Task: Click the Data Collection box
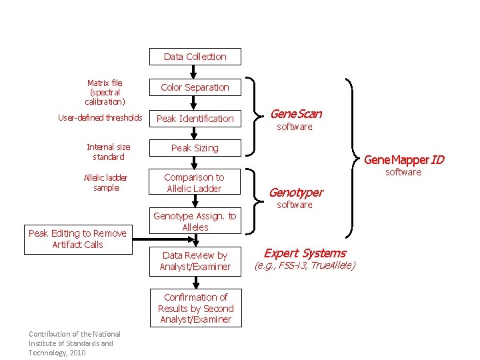[195, 57]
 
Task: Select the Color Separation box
[195, 87]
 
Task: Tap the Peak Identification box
[195, 119]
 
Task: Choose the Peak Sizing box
[195, 148]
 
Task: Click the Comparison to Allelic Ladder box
[195, 183]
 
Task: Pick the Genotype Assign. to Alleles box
[195, 221]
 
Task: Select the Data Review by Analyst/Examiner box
[195, 261]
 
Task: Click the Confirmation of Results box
[195, 308]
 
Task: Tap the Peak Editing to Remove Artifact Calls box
[77, 239]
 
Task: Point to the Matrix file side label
[105, 93]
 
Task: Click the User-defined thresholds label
[100, 118]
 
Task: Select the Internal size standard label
[109, 152]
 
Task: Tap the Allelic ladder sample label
[106, 183]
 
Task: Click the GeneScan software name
[296, 114]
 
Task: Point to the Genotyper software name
[295, 193]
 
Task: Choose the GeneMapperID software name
[404, 160]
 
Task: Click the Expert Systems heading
[305, 253]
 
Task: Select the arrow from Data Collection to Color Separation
[194, 72]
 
